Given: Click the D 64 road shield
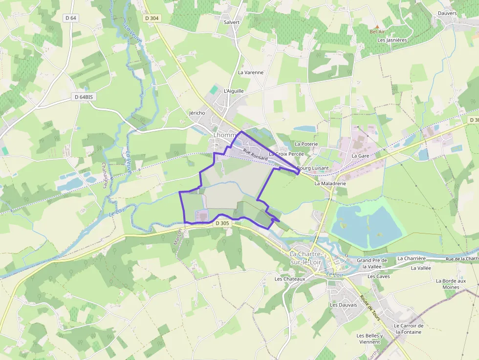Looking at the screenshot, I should [71, 18].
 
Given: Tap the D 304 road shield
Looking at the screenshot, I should [152, 18].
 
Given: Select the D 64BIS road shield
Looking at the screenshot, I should [84, 97].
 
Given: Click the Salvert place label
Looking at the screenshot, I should [232, 22].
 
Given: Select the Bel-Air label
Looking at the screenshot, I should [377, 32].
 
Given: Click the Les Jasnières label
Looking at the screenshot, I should [392, 40].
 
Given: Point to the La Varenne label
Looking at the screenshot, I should [251, 72].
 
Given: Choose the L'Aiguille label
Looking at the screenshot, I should [233, 91].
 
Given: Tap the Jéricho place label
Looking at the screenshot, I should [197, 113].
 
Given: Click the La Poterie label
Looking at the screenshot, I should [306, 144].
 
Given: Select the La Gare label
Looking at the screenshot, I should [360, 155].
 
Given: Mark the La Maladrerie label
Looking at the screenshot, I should [330, 184].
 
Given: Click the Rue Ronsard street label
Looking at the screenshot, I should [256, 154].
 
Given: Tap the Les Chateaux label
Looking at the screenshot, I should [290, 279].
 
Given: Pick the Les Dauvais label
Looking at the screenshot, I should [343, 305].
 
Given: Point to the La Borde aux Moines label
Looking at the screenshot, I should [451, 284].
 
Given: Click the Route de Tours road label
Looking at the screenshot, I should [370, 307].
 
